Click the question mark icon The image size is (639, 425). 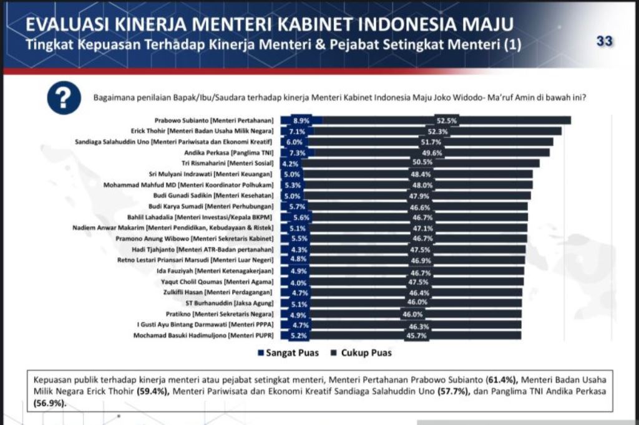point(64,98)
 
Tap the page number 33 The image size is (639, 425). point(604,41)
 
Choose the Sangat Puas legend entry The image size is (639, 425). point(288,353)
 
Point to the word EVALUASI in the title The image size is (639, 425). point(62,25)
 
